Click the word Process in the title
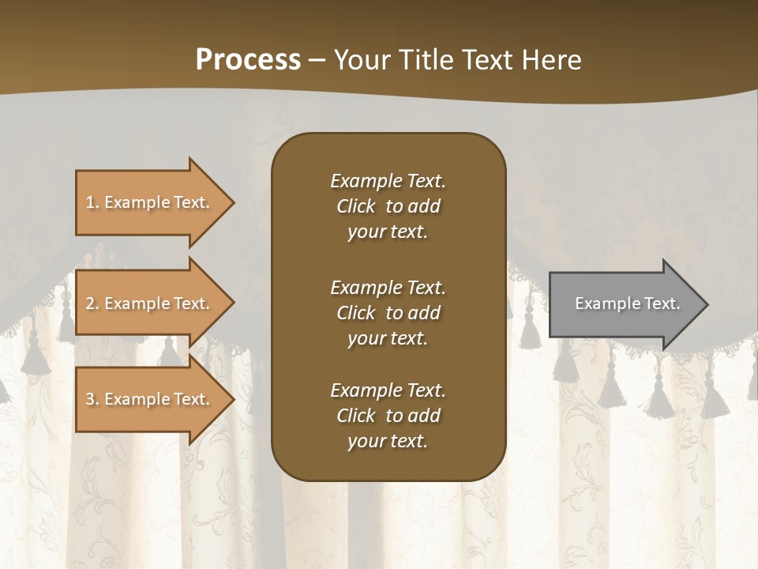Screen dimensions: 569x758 click(x=248, y=60)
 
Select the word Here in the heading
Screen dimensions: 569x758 click(x=553, y=60)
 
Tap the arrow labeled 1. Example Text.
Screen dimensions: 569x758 click(x=150, y=202)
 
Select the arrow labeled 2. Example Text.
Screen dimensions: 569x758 click(x=150, y=303)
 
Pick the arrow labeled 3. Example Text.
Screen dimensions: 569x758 click(x=150, y=399)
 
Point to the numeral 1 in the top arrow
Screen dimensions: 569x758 click(x=90, y=202)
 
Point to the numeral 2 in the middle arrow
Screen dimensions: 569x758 click(x=91, y=303)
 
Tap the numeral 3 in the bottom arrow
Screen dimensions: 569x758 click(x=91, y=399)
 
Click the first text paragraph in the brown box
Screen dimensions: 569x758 click(x=388, y=206)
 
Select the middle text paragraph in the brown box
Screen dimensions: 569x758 click(x=388, y=313)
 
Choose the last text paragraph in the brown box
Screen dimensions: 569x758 click(x=388, y=416)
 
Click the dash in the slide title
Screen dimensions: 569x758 click(x=317, y=61)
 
